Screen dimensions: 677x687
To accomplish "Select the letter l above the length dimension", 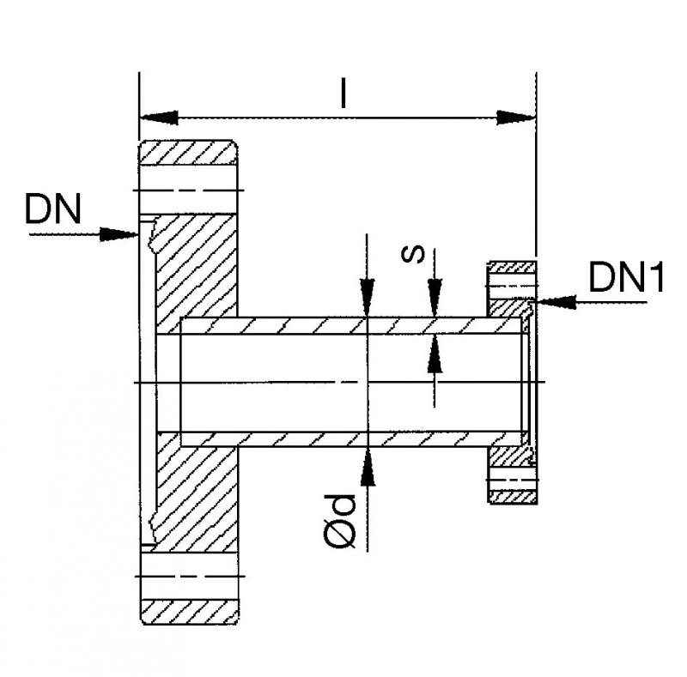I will [x=343, y=94].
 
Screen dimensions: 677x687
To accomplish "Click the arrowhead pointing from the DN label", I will [x=120, y=233].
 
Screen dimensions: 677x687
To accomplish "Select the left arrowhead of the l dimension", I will [x=159, y=117].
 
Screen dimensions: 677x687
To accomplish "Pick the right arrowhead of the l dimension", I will [x=516, y=117].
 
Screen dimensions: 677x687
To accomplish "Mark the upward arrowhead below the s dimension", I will [x=435, y=354].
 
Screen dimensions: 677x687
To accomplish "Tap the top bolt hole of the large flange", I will [x=189, y=190].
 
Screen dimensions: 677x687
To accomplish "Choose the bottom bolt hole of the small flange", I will [x=512, y=478].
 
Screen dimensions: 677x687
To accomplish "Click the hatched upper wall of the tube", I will [x=343, y=326].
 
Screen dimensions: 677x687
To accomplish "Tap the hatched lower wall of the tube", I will [x=343, y=438].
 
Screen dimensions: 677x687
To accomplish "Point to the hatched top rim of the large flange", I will [x=189, y=154].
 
